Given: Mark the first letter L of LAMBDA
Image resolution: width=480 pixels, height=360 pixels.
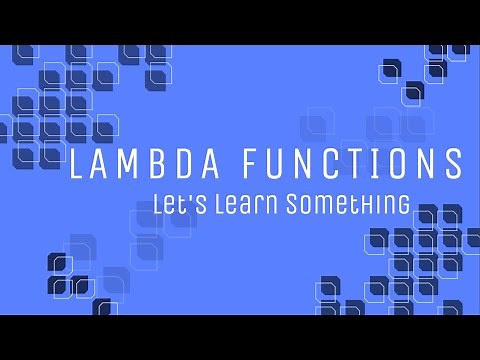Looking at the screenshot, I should (x=74, y=164).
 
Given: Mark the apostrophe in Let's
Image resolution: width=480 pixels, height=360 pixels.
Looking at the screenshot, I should (x=185, y=197).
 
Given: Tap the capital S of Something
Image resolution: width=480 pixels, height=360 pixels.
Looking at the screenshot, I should (x=293, y=203).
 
